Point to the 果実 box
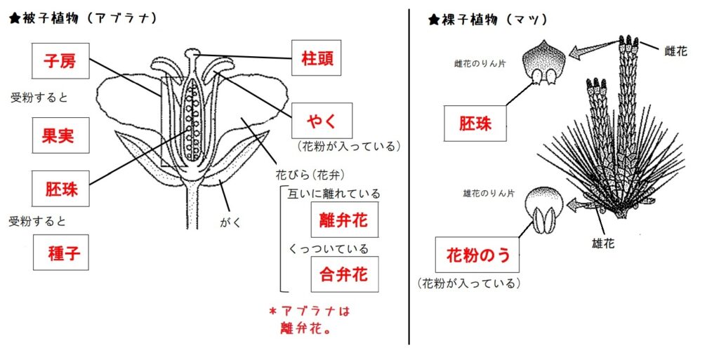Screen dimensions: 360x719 60,135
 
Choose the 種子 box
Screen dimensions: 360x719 60,253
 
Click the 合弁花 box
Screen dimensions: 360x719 343,274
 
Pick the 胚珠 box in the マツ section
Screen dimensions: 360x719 475,124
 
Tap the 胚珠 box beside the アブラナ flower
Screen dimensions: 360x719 60,188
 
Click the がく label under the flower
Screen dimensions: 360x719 230,222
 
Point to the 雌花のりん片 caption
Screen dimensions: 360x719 481,64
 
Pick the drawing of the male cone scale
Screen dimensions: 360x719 544,211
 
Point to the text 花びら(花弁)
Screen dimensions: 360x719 307,173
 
